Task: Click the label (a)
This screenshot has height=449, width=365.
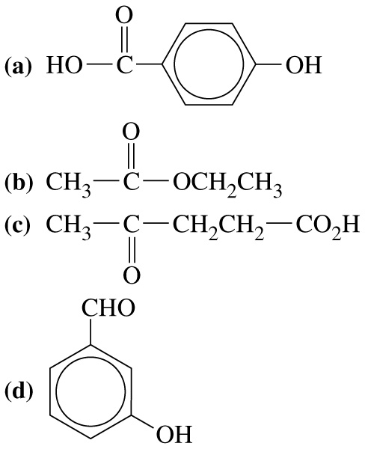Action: [17, 66]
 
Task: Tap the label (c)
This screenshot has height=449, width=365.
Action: [17, 224]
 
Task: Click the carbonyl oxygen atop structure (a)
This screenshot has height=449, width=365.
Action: [124, 16]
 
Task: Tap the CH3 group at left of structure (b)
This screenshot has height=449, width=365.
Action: [68, 185]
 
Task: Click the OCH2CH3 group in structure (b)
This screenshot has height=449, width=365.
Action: [227, 185]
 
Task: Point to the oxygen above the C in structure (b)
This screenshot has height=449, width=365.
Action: [131, 132]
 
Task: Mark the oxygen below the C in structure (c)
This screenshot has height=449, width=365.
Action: [132, 275]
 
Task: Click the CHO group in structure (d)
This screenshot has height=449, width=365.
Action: [108, 308]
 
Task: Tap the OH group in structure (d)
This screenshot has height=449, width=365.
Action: [174, 434]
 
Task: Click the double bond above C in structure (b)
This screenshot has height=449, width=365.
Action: [131, 157]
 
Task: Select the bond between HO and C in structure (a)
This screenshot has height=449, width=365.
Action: [99, 66]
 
